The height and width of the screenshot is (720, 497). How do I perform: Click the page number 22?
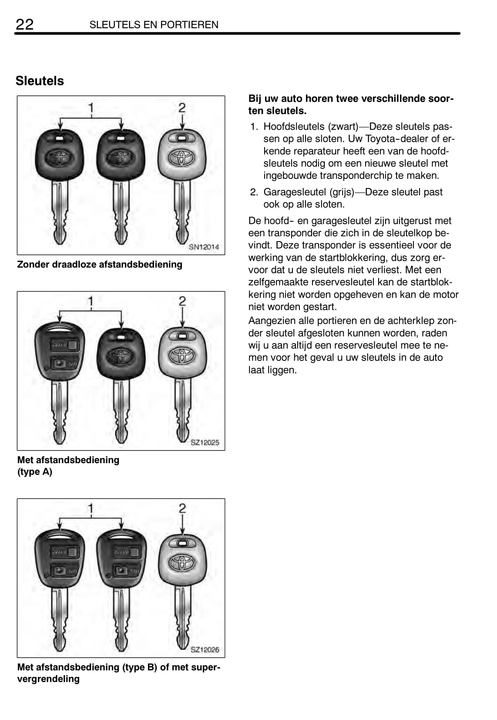point(24,24)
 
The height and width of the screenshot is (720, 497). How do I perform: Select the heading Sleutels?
point(40,81)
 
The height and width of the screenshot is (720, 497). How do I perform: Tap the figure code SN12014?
point(204,247)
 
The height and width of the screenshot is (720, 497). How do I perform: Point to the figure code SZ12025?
point(205,443)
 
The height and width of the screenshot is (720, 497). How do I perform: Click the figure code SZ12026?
point(205,650)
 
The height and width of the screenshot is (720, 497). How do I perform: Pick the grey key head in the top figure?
point(182,155)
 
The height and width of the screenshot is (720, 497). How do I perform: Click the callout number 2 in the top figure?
point(182,108)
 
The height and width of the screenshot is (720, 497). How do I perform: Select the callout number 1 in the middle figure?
point(91,301)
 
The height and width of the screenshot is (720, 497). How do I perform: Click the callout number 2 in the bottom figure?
point(182,508)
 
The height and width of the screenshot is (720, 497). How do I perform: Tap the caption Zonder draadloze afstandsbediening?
point(100,265)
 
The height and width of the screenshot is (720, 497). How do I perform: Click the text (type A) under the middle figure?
point(35,472)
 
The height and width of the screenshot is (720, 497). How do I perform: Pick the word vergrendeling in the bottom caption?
point(48,679)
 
